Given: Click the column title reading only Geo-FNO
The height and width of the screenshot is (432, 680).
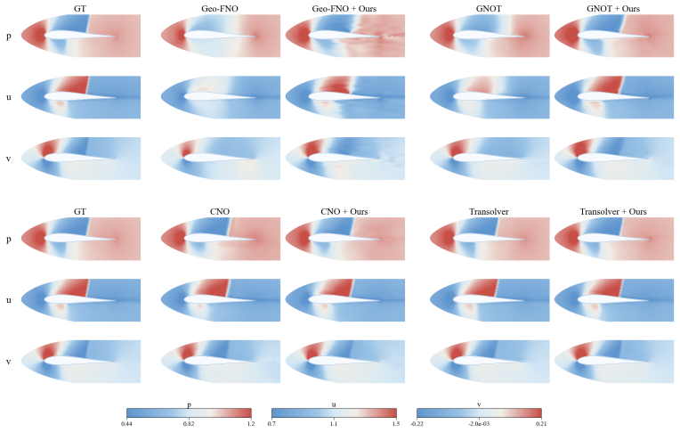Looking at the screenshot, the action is [x=220, y=8].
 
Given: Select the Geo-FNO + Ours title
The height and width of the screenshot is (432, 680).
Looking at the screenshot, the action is [x=344, y=8].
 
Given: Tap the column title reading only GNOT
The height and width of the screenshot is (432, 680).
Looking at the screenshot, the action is [x=489, y=8].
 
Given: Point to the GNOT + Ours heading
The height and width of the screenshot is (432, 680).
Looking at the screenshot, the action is [x=613, y=8].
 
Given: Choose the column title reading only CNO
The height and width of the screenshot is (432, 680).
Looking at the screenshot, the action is [x=220, y=211].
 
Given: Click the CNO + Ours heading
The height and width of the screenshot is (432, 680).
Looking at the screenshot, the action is [x=344, y=211].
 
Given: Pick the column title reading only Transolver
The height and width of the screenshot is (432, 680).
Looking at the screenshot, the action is [x=489, y=211].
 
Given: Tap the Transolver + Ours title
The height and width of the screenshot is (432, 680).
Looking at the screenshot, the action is [x=613, y=211].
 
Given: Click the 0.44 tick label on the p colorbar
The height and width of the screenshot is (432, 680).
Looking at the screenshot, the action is [x=126, y=423].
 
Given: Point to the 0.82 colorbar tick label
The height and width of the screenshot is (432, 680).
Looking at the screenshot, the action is [x=189, y=423].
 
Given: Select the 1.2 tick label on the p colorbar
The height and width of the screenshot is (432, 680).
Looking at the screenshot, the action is [x=251, y=423].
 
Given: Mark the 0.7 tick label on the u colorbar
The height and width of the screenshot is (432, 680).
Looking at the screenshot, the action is [x=271, y=423].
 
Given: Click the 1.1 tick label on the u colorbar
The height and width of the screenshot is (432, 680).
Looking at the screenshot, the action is [x=334, y=423].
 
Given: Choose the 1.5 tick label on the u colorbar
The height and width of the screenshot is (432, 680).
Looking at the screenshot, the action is [x=396, y=423].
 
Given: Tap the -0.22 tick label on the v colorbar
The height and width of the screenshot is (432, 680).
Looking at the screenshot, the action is [x=417, y=423].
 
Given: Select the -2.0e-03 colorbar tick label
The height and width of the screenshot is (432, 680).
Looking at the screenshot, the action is [x=479, y=423].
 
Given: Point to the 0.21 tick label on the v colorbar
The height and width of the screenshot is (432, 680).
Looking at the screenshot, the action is [x=541, y=423].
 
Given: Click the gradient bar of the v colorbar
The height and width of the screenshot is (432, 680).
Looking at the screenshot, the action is [x=479, y=413].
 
